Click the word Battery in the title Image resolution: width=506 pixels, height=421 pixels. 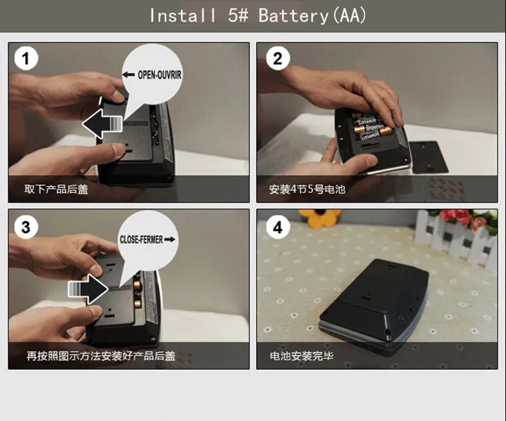(293, 15)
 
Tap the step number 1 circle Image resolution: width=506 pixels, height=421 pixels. (26, 58)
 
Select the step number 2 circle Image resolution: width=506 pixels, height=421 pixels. (278, 58)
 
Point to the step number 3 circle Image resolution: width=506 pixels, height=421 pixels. (26, 227)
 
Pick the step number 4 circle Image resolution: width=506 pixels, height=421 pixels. (278, 227)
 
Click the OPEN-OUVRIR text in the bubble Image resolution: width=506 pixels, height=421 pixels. (160, 75)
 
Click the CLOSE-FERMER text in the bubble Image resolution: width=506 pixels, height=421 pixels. (141, 239)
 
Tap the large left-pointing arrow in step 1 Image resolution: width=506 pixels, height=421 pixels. (102, 123)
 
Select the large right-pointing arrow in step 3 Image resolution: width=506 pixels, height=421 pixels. (89, 289)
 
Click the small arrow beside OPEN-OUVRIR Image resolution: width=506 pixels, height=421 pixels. (128, 75)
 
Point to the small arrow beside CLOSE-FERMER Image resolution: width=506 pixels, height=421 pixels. (170, 239)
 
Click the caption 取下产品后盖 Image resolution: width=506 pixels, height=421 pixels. (56, 189)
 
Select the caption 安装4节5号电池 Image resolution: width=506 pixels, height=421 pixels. (307, 189)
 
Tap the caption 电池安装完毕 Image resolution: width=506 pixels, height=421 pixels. (302, 356)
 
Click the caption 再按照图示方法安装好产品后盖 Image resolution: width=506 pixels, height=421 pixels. (101, 356)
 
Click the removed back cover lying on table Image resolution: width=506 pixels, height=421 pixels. (429, 157)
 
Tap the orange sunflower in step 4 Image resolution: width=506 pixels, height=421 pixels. (319, 218)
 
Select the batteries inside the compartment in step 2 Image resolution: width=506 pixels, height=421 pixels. (371, 128)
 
